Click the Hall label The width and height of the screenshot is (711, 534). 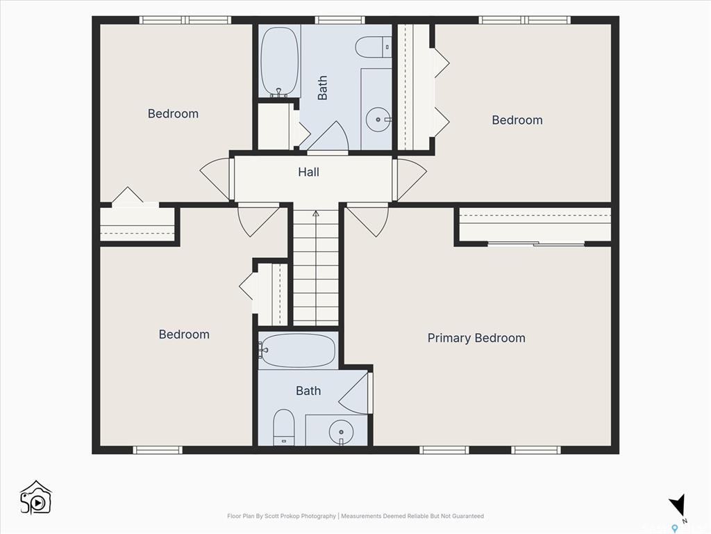point(308,172)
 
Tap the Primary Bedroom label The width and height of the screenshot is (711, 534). point(476,339)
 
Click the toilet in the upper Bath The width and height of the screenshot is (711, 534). point(373,47)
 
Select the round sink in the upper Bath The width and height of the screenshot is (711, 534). point(378,120)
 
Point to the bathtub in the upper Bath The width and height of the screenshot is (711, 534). point(280,61)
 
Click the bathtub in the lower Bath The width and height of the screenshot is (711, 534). point(298,350)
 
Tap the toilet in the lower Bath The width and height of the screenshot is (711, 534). point(284,428)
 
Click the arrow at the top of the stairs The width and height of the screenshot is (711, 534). point(316,213)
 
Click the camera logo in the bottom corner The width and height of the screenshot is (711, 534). point(36,498)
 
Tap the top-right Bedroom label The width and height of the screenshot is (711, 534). point(517,120)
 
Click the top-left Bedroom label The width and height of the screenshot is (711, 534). point(173,113)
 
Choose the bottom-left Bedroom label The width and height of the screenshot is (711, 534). point(184,334)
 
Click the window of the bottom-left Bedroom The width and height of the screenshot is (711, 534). point(158,450)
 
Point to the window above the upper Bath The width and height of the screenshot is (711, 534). point(340,20)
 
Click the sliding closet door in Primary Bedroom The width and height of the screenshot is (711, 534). point(536,244)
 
